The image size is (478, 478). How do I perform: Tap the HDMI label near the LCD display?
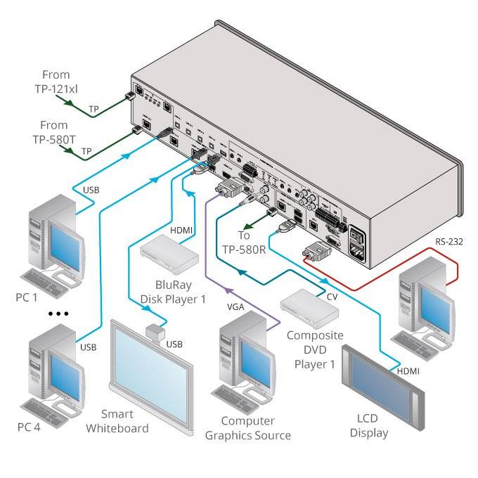(408, 370)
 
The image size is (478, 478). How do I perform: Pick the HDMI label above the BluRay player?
(181, 230)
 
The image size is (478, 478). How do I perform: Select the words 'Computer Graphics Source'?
(247, 428)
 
